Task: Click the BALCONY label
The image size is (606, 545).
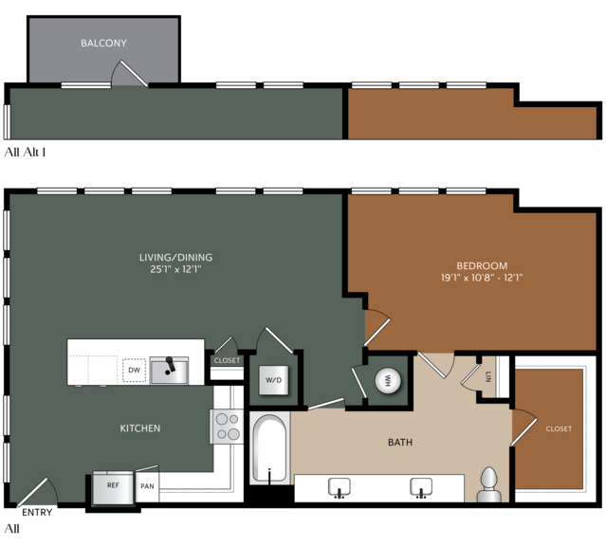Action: click(x=103, y=43)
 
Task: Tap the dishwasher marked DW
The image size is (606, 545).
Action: click(x=134, y=370)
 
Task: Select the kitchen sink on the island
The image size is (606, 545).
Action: click(x=169, y=370)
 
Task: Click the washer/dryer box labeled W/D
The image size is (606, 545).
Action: click(x=274, y=380)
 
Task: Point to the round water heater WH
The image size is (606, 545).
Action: click(x=388, y=380)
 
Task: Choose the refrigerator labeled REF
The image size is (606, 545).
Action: click(x=113, y=487)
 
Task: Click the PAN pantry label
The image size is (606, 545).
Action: click(x=147, y=486)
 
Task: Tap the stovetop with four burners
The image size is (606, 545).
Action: click(x=227, y=427)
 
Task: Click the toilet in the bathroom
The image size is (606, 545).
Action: click(x=489, y=485)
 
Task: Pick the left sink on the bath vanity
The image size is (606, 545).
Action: click(x=340, y=488)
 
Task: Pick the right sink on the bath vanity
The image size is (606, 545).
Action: click(x=421, y=488)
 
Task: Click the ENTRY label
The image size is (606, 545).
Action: click(x=37, y=513)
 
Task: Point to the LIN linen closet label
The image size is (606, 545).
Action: click(x=487, y=376)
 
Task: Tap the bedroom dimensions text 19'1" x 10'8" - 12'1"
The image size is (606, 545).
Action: click(x=482, y=278)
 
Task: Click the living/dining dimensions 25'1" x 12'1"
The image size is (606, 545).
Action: click(x=175, y=269)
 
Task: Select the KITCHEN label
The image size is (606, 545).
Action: click(x=140, y=428)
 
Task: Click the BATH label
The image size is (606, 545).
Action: click(x=400, y=443)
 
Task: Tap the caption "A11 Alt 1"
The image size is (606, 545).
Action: click(x=25, y=153)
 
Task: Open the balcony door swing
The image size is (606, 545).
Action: click(x=130, y=73)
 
